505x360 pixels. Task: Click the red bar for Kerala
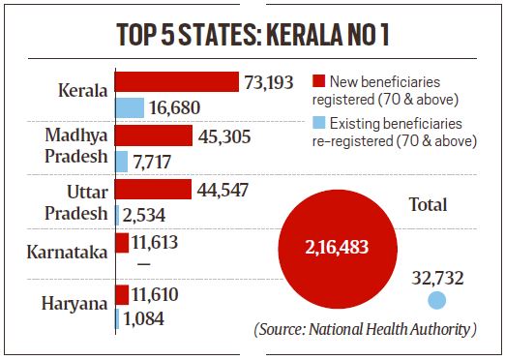[177, 81]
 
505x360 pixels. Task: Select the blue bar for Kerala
[130, 107]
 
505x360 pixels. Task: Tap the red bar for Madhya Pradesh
[154, 135]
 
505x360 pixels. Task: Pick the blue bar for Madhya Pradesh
[122, 161]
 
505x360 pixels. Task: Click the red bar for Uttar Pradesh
[153, 189]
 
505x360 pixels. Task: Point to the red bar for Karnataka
[123, 242]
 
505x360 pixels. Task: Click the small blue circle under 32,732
[437, 301]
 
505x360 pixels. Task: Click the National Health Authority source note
[366, 330]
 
